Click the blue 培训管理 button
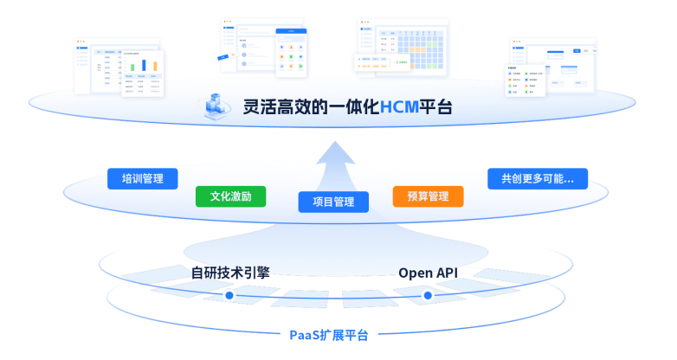[x=143, y=179]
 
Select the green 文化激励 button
[x=230, y=196]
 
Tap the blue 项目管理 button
[x=333, y=202]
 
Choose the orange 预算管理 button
[x=428, y=196]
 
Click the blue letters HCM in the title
[x=399, y=107]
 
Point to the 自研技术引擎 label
[x=230, y=273]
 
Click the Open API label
[x=428, y=273]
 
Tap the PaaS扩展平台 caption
[x=328, y=335]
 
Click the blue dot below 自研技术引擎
[x=229, y=296]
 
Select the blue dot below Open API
[x=427, y=296]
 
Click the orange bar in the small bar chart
[x=155, y=65]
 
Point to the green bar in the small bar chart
[x=133, y=67]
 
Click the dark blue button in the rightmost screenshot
[x=577, y=52]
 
